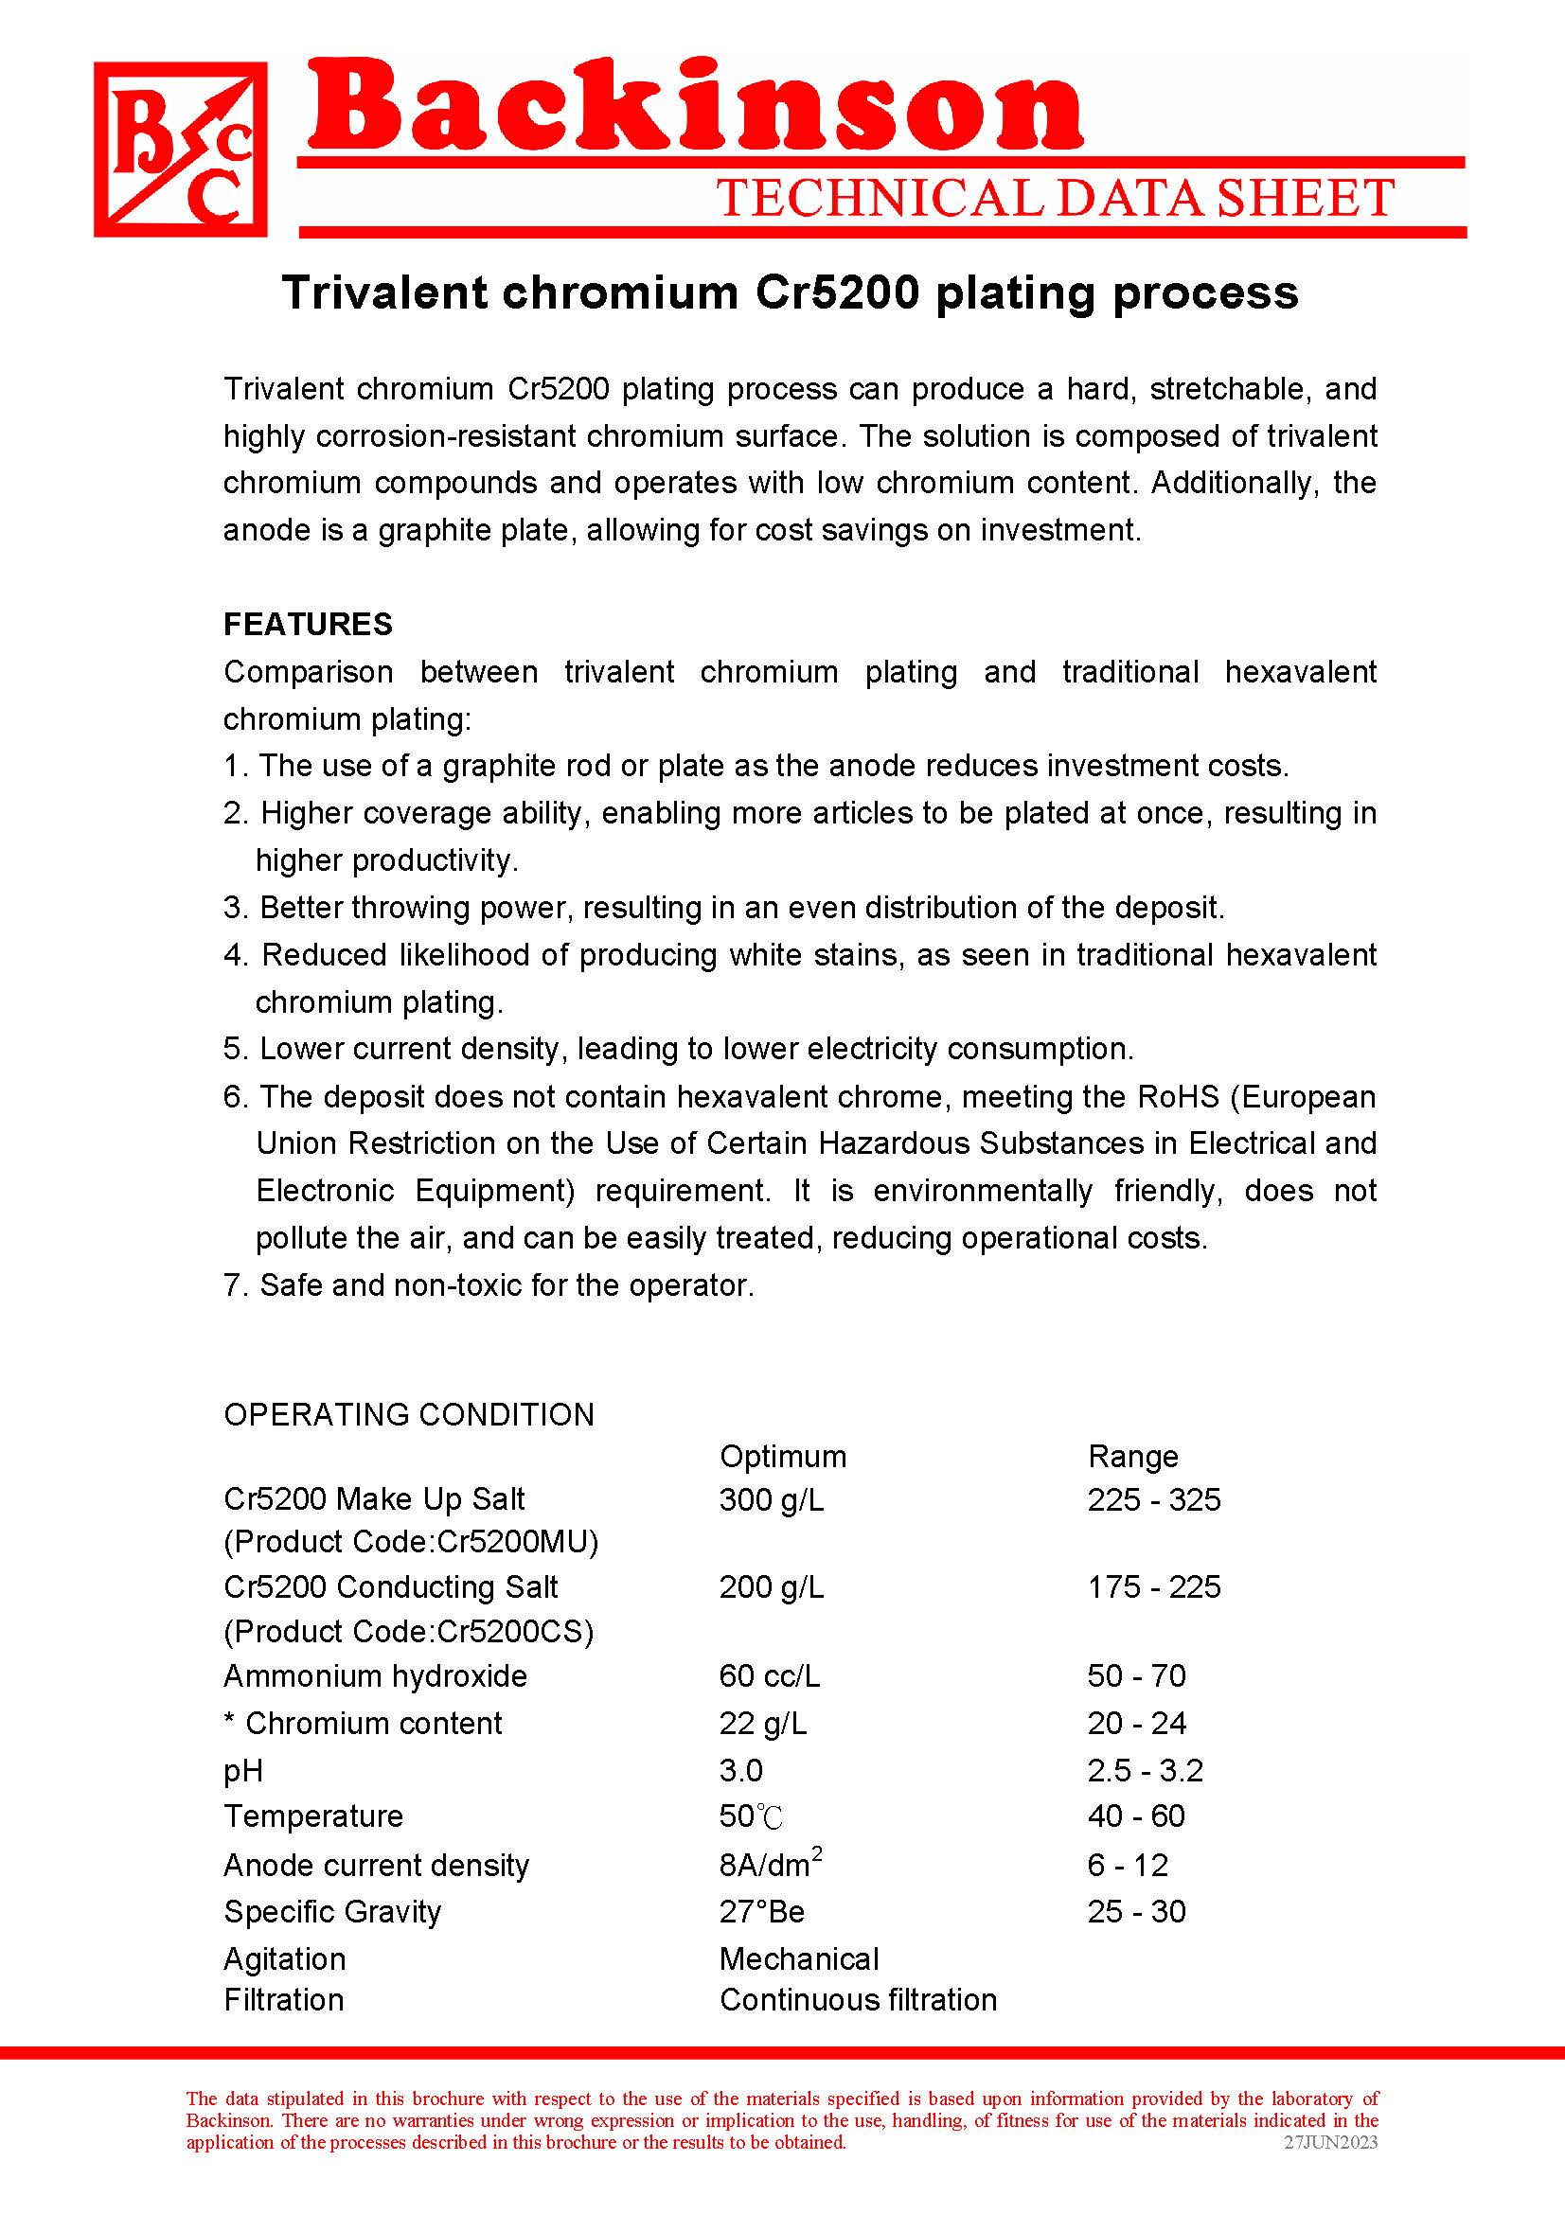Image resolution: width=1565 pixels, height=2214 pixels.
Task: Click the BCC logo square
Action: coord(180,150)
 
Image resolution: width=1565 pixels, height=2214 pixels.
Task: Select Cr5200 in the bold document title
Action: coord(836,292)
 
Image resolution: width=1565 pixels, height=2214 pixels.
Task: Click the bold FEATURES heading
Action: coord(308,624)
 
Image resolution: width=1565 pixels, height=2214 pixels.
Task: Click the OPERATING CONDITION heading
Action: coord(409,1414)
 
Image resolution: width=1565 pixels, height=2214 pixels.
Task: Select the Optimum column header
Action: coord(782,1456)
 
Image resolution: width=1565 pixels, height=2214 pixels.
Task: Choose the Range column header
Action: coord(1132,1456)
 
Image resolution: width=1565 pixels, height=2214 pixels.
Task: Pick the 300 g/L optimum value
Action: coord(772,1499)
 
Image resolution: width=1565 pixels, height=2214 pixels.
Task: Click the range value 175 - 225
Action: coord(1153,1587)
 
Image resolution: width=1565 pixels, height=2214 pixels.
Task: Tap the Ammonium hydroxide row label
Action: coord(375,1676)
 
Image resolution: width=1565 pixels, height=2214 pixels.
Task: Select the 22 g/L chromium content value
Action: coord(763,1723)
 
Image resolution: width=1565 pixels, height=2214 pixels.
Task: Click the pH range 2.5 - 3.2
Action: coord(1145,1770)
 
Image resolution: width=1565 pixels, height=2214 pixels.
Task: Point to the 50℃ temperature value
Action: coord(750,1816)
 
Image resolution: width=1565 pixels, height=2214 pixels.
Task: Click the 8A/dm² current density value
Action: coord(770,1864)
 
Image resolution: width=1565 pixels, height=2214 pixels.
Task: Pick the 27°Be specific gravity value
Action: coord(761,1911)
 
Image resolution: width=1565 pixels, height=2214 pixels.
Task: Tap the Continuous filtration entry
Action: coord(857,1999)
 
